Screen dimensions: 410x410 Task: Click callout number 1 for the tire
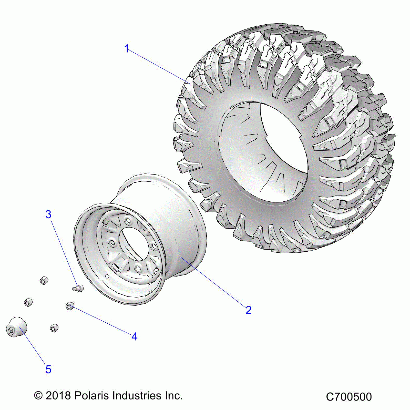[x=127, y=49]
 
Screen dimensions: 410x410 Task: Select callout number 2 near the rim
[x=248, y=310]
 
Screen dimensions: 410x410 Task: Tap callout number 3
[x=48, y=214]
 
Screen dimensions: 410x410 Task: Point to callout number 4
[x=134, y=336]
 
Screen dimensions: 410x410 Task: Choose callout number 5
[x=48, y=369]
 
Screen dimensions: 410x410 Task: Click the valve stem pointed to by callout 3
[x=78, y=288]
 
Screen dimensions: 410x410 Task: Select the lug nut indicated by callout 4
[x=70, y=306]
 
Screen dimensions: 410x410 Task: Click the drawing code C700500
[x=349, y=397]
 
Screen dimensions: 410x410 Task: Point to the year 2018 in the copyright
[x=58, y=396]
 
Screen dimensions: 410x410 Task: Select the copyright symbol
[x=38, y=396]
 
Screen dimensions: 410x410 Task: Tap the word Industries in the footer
[x=137, y=396]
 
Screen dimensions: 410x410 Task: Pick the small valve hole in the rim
[x=108, y=276]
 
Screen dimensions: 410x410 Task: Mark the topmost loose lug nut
[x=44, y=281]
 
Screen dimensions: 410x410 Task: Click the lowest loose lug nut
[x=54, y=328]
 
